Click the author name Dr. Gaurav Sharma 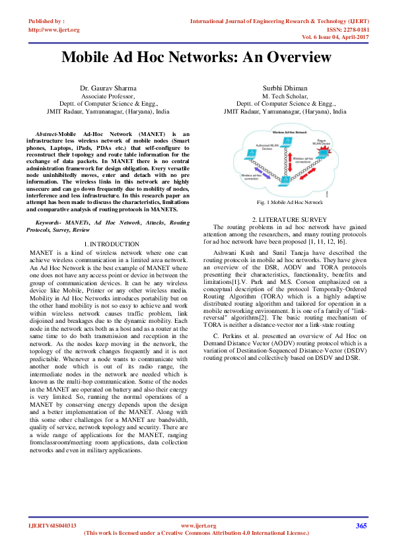[x=107, y=88]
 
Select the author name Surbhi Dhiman [x=285, y=88]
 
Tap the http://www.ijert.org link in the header [x=54, y=30]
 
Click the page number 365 [x=361, y=526]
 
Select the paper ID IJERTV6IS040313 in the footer [x=53, y=526]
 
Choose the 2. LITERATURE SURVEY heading [x=286, y=219]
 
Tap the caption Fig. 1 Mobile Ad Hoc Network [x=286, y=201]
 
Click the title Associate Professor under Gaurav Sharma [x=107, y=96]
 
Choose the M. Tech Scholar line [x=285, y=96]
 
